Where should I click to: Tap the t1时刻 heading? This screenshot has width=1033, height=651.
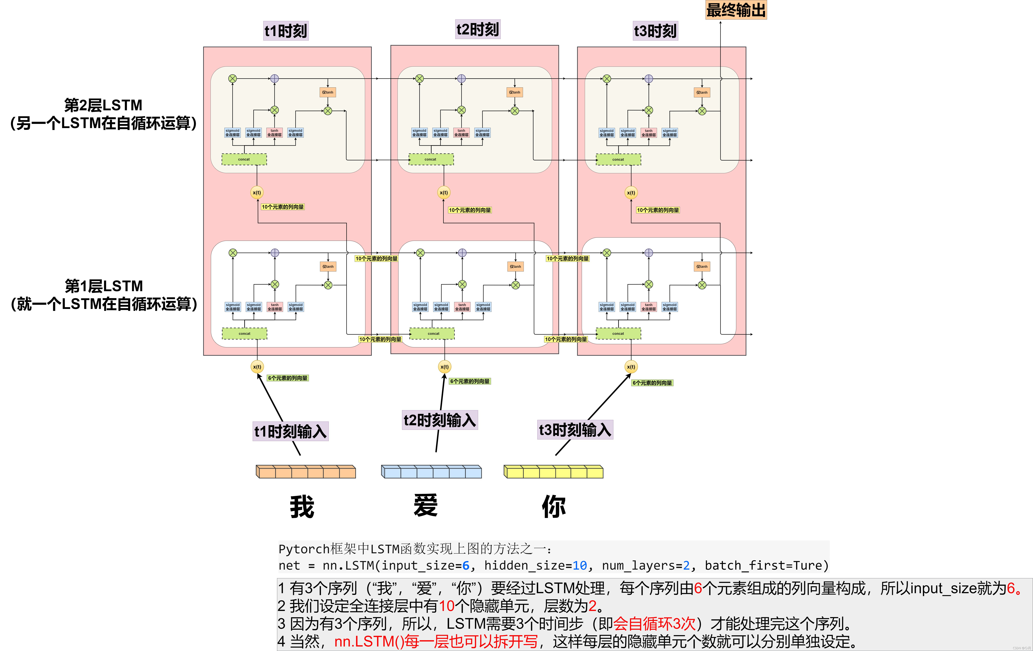(286, 31)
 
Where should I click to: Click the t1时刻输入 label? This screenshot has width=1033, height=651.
(290, 431)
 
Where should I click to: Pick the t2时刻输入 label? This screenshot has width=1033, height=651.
(440, 420)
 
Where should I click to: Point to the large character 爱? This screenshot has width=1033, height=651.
(426, 505)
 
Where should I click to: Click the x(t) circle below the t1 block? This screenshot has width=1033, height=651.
(257, 367)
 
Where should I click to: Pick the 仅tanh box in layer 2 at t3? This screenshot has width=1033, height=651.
(702, 92)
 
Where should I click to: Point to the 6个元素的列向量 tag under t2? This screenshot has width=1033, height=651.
(470, 381)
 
